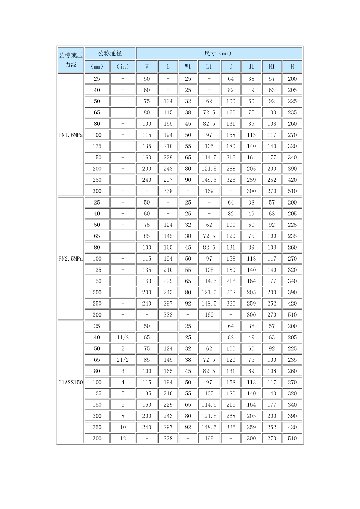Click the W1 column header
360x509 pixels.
pyautogui.click(x=188, y=66)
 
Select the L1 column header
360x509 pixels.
pyautogui.click(x=209, y=66)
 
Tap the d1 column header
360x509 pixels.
pyautogui.click(x=251, y=66)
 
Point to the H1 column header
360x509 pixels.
pyautogui.click(x=272, y=66)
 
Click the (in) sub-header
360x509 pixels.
pyautogui.click(x=123, y=66)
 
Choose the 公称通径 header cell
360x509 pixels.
pyautogui.click(x=110, y=53)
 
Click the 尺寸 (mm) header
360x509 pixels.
pyautogui.click(x=219, y=53)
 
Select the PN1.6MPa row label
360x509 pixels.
pyautogui.click(x=70, y=135)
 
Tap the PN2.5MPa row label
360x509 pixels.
pyautogui.click(x=70, y=259)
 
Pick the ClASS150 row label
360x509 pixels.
pyautogui.click(x=70, y=382)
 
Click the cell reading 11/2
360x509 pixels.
pyautogui.click(x=123, y=337)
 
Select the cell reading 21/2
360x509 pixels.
pyautogui.click(x=123, y=360)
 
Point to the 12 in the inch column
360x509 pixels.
pyautogui.click(x=123, y=438)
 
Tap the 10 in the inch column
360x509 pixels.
pyautogui.click(x=123, y=427)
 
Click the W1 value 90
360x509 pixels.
pyautogui.click(x=188, y=180)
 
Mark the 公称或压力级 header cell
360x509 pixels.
pyautogui.click(x=70, y=60)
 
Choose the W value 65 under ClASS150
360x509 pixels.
pyautogui.click(x=147, y=337)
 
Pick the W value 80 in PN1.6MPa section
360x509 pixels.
pyautogui.click(x=147, y=112)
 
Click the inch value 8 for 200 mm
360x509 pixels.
pyautogui.click(x=123, y=416)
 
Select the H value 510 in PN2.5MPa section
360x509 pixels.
pyautogui.click(x=292, y=315)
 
